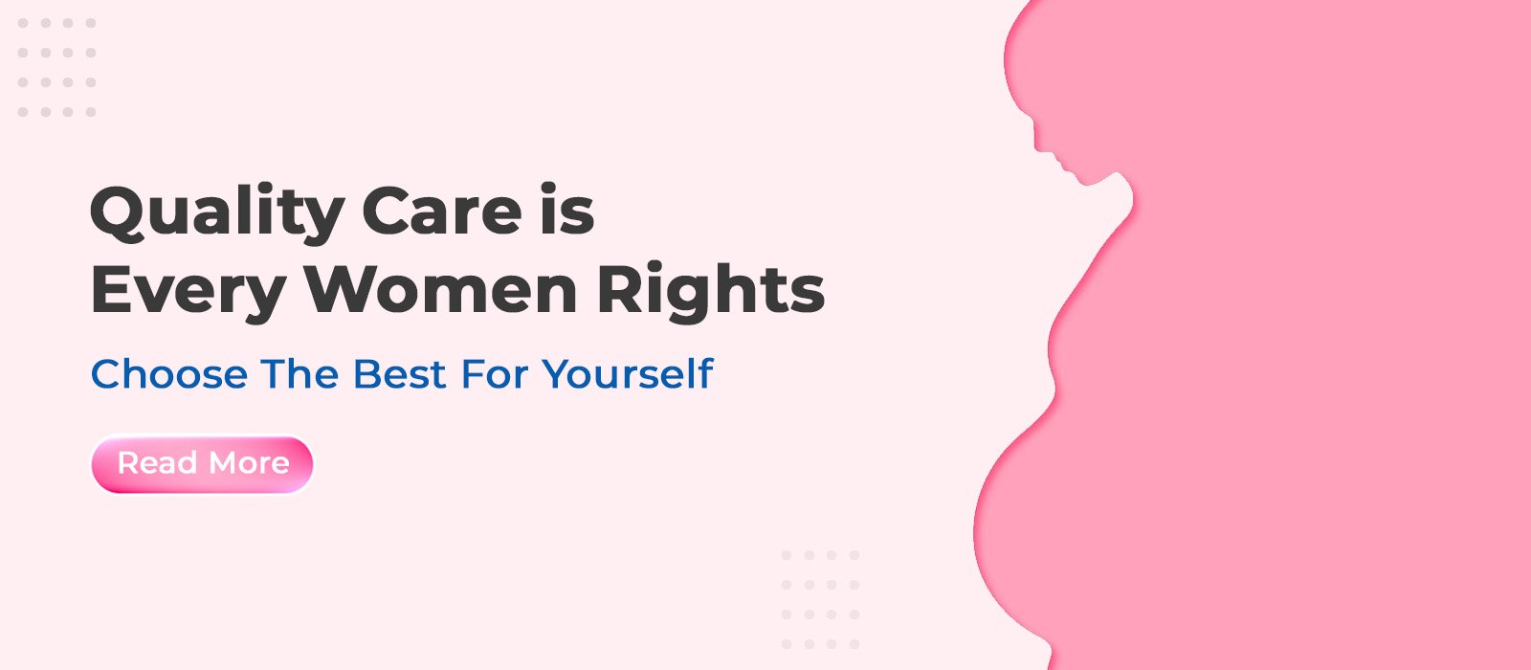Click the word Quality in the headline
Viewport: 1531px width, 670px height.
coord(216,212)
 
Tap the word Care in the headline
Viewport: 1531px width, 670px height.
coord(441,212)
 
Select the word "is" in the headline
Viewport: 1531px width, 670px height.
coord(566,212)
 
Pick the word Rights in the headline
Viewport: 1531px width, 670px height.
coord(710,291)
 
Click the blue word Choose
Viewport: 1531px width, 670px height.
coord(169,374)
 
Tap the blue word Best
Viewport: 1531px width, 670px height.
coord(400,374)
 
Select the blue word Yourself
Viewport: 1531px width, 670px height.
coord(628,374)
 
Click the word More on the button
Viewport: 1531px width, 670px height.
coord(248,463)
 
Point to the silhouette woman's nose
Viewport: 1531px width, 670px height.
coord(1038,145)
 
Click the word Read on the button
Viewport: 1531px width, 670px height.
coord(158,463)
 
